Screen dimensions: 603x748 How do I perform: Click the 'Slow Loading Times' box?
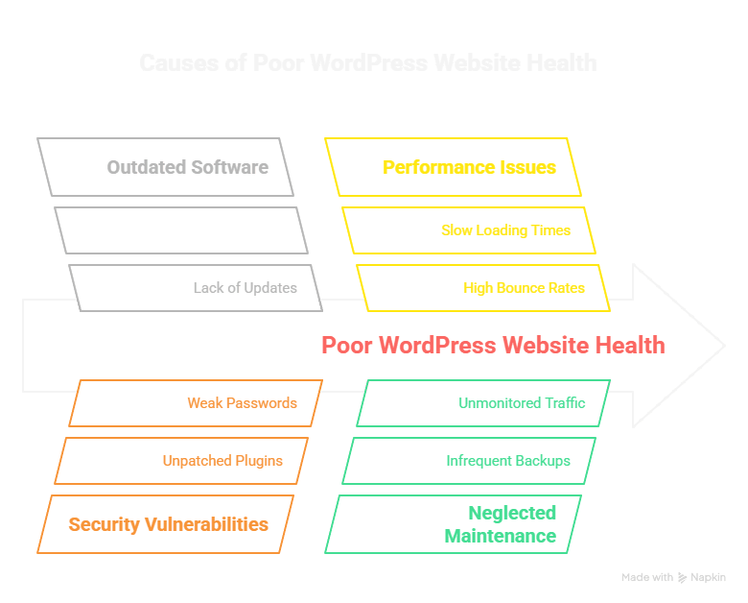(469, 230)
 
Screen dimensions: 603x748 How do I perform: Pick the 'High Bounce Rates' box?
(483, 288)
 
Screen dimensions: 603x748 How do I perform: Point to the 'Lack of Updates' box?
(196, 288)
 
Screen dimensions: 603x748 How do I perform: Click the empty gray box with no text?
(181, 230)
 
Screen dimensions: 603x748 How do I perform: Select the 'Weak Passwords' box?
(196, 403)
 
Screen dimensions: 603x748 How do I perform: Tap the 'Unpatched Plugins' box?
(181, 461)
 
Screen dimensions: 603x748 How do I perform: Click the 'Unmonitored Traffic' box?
(483, 403)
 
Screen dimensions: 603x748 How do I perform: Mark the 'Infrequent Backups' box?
(469, 461)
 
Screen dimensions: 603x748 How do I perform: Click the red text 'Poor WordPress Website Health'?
(492, 345)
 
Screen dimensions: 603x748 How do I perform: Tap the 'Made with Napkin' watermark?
(673, 577)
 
